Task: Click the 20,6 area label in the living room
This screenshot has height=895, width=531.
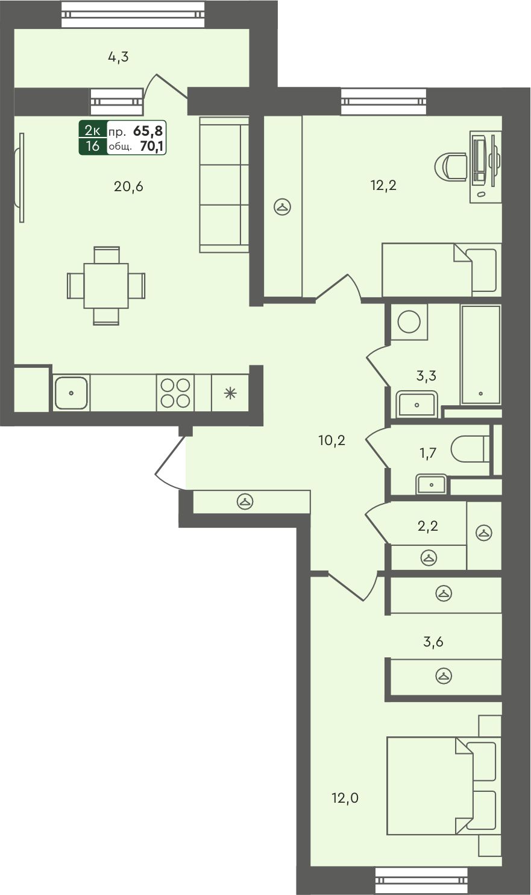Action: (x=128, y=186)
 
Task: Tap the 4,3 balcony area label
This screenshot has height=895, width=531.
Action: (x=118, y=57)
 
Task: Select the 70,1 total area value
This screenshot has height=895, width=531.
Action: (x=152, y=146)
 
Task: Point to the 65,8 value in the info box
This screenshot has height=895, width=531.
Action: (x=148, y=130)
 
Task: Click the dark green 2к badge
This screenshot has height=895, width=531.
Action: (x=93, y=130)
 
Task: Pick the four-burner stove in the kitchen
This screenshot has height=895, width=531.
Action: (x=175, y=393)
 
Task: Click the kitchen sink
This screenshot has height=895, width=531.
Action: (x=71, y=393)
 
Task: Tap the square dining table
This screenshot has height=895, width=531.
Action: (x=106, y=286)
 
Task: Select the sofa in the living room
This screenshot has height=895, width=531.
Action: (x=224, y=184)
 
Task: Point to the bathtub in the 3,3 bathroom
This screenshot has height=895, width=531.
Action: (x=481, y=355)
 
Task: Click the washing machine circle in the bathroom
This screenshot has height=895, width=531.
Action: (x=409, y=321)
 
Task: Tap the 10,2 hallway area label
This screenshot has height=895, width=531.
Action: (x=331, y=440)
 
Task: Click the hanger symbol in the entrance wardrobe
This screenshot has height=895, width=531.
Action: (x=245, y=501)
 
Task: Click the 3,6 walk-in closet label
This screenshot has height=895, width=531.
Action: (x=433, y=641)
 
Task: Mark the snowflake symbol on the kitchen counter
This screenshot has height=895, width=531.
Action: (x=230, y=393)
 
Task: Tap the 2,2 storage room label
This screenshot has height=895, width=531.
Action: (x=428, y=526)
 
